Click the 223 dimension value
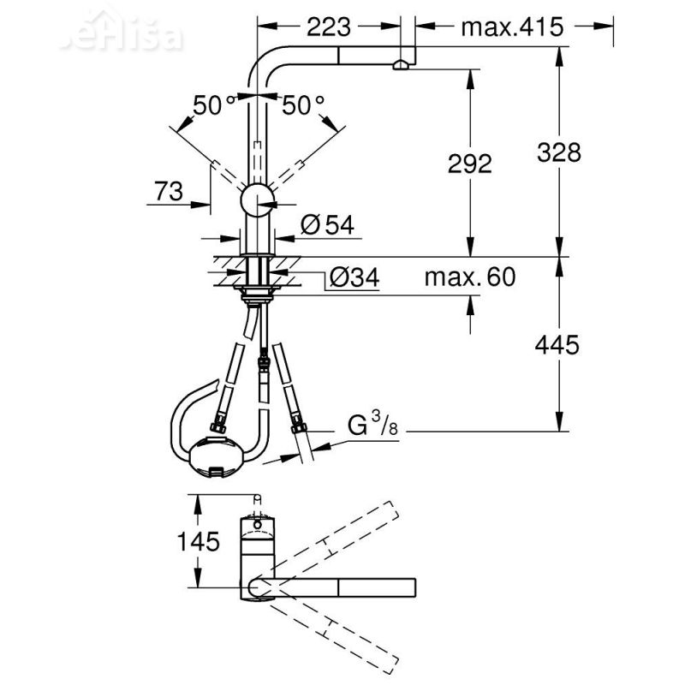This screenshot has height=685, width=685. click(x=329, y=27)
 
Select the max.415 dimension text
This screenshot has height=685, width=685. click(x=512, y=27)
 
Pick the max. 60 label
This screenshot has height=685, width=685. click(x=472, y=277)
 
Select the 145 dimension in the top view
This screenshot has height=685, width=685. click(x=199, y=541)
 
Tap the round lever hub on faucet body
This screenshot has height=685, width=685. click(x=257, y=202)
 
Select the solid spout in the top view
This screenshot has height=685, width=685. click(x=342, y=587)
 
